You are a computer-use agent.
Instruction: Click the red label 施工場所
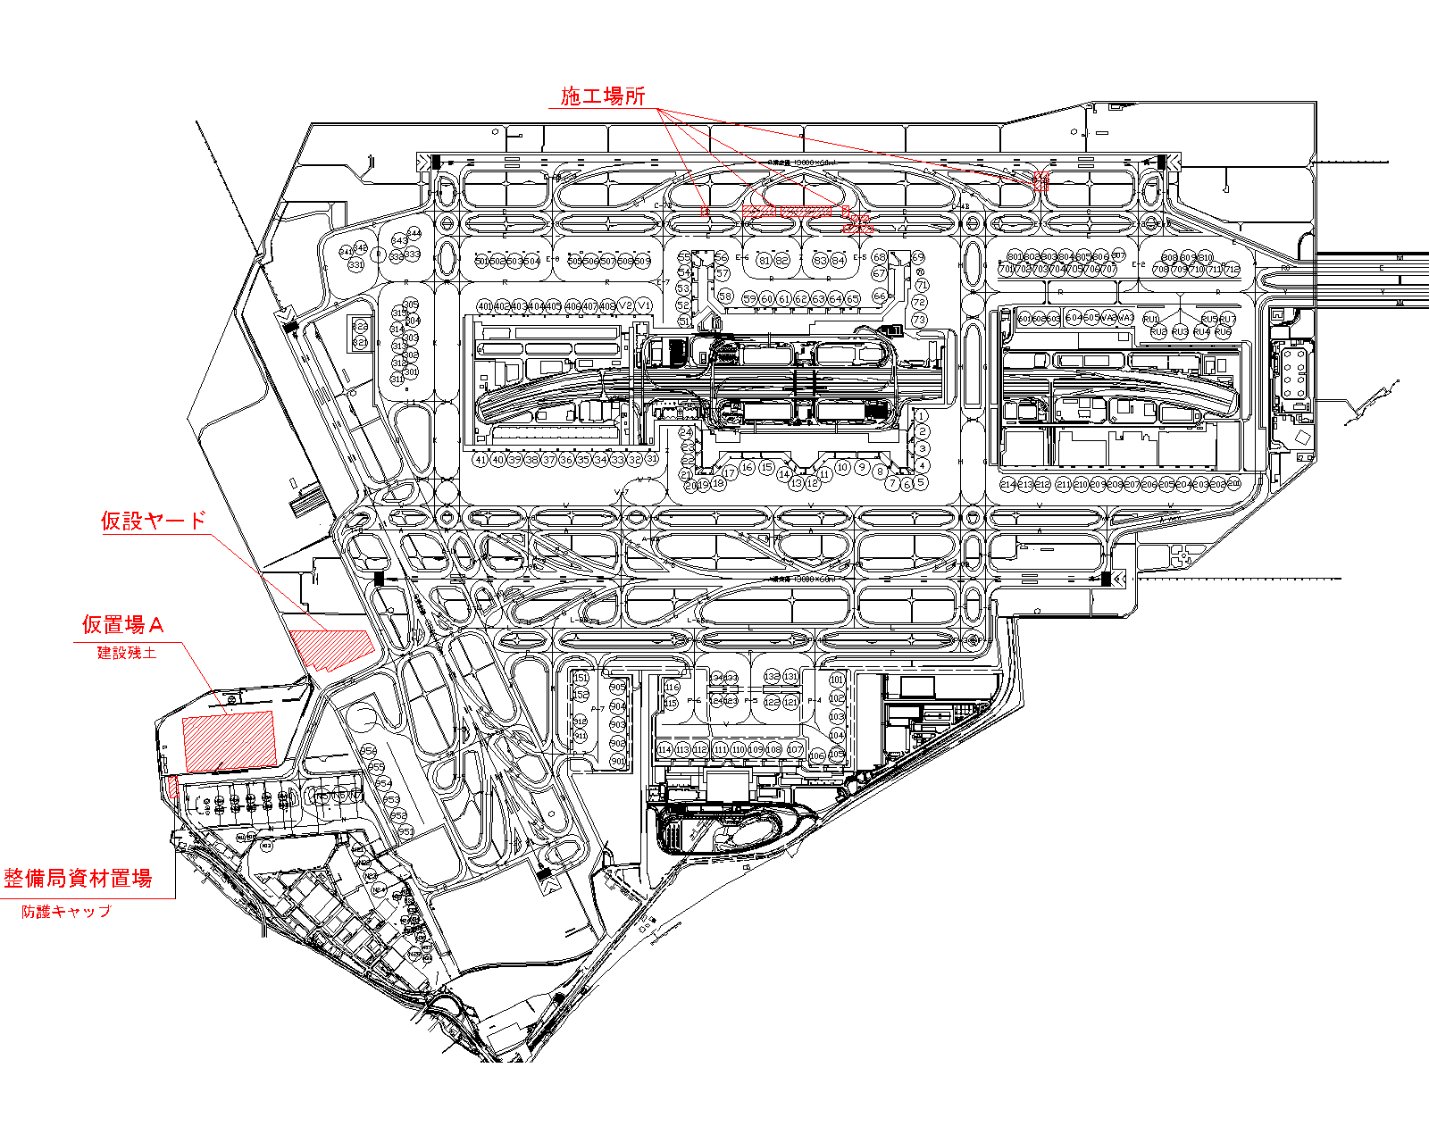point(602,96)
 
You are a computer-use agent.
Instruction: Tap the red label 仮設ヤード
point(153,521)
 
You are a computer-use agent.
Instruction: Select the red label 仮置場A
point(123,624)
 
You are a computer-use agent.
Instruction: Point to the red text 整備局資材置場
point(78,878)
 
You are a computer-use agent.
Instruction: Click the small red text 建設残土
point(127,653)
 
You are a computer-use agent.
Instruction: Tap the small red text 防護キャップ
point(67,912)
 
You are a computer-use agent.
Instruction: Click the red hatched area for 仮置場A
point(229,740)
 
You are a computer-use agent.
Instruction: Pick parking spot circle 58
point(725,296)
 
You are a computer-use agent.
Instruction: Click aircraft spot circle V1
point(644,305)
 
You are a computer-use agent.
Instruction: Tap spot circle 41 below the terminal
point(481,460)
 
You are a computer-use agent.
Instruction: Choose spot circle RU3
point(1180,331)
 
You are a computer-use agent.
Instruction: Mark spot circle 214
point(1008,484)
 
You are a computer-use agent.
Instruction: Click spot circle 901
point(617,761)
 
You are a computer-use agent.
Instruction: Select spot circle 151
point(581,678)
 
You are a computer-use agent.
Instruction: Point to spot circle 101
point(837,680)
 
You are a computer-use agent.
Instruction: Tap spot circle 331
point(356,265)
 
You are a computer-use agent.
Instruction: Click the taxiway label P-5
point(751,701)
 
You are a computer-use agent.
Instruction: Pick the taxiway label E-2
point(1139,265)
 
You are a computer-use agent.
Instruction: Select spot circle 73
point(919,319)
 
